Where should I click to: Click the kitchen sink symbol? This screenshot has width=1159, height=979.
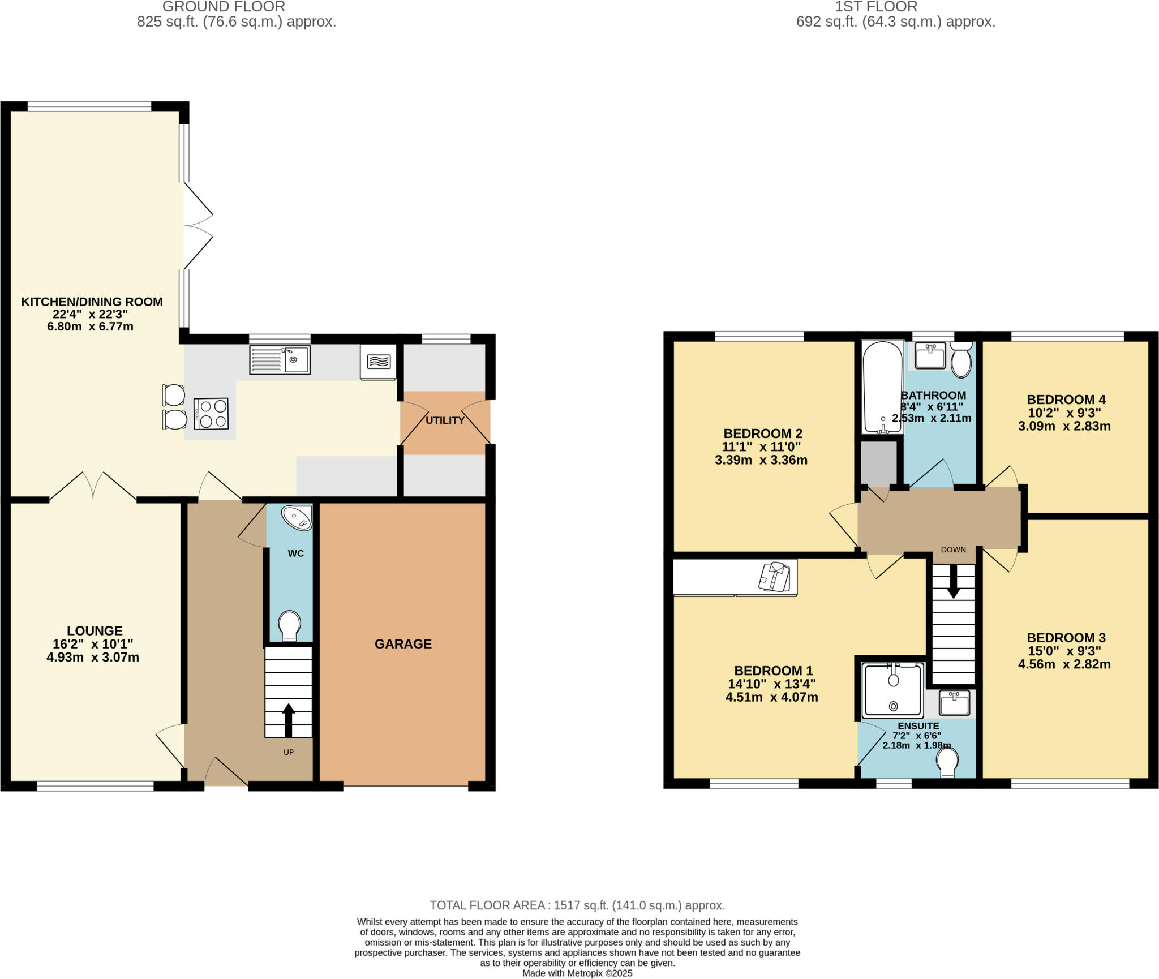[280, 360]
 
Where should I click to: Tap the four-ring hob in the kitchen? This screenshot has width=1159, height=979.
[211, 414]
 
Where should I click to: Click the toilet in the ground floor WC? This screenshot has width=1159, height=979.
[290, 626]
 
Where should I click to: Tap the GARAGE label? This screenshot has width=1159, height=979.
[403, 643]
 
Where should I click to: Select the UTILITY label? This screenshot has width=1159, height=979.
[445, 420]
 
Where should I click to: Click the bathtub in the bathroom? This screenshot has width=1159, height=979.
[882, 387]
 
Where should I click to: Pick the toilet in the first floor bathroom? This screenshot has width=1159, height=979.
[961, 360]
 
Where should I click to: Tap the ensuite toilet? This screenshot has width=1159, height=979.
[947, 763]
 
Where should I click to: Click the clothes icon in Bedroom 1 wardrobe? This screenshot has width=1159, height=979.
[775, 577]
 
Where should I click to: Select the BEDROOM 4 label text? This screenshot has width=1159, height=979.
[1066, 400]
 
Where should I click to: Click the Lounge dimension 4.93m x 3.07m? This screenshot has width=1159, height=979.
[93, 658]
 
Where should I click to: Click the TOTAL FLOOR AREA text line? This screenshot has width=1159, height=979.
[577, 905]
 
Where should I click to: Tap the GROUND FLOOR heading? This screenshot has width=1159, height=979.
[224, 7]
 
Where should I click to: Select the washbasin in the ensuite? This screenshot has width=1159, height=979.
[954, 703]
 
